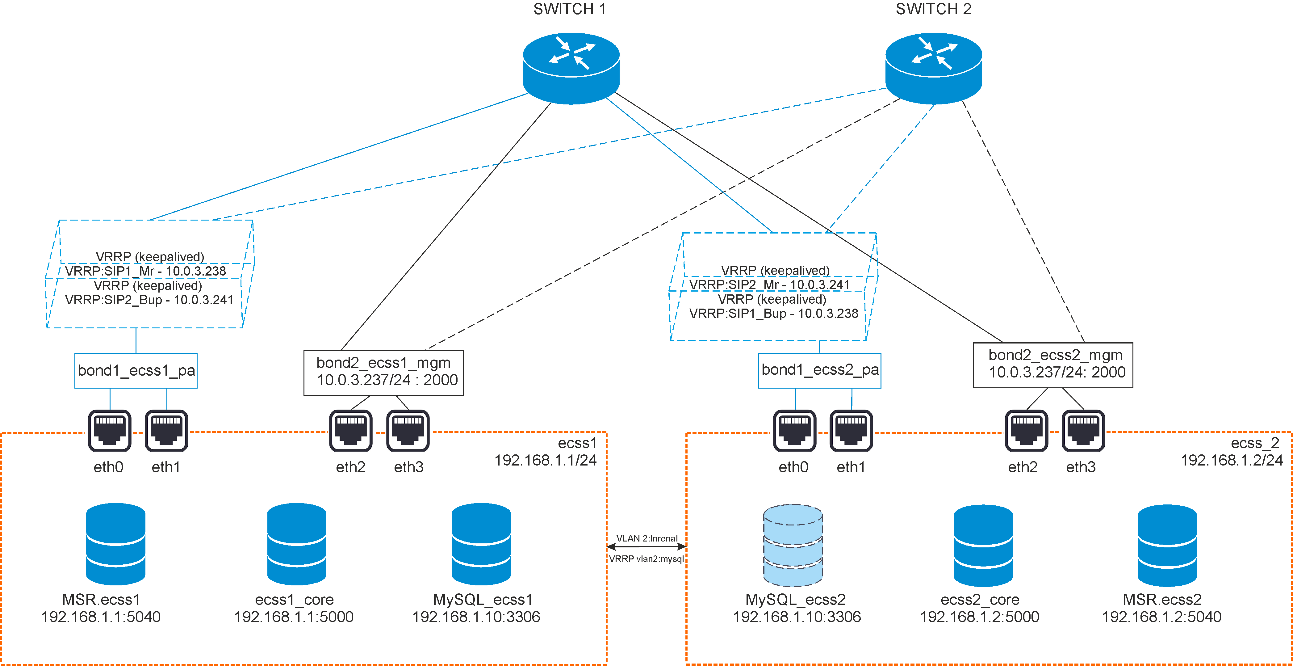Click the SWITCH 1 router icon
[x=571, y=68]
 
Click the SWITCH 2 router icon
[x=934, y=68]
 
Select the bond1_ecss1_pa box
[x=136, y=371]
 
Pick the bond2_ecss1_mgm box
[x=383, y=373]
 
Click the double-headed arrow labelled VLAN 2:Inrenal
[x=646, y=546]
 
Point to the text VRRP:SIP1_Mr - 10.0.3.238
[x=145, y=271]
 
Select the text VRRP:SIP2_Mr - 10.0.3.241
[x=769, y=285]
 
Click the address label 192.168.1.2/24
[x=1231, y=460]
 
